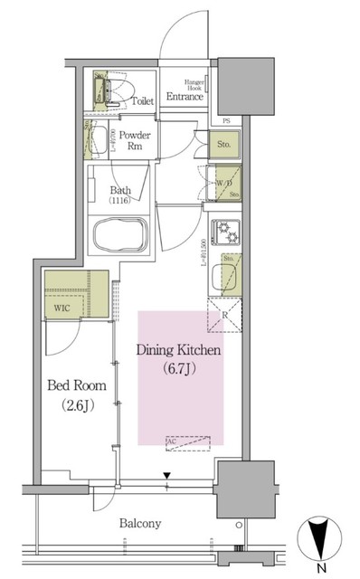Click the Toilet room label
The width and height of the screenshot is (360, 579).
pyautogui.click(x=142, y=101)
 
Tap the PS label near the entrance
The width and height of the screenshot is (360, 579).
pyautogui.click(x=226, y=121)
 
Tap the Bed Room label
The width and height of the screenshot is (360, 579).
pyautogui.click(x=76, y=385)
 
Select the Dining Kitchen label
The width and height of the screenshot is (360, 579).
pyautogui.click(x=178, y=349)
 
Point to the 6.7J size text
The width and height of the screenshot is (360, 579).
pyautogui.click(x=179, y=368)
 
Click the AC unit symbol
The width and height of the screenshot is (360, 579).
pyautogui.click(x=187, y=442)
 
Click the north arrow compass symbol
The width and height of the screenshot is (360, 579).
pyautogui.click(x=321, y=539)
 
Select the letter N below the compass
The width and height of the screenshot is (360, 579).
pyautogui.click(x=321, y=568)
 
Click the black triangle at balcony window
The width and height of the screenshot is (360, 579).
pyautogui.click(x=166, y=474)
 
